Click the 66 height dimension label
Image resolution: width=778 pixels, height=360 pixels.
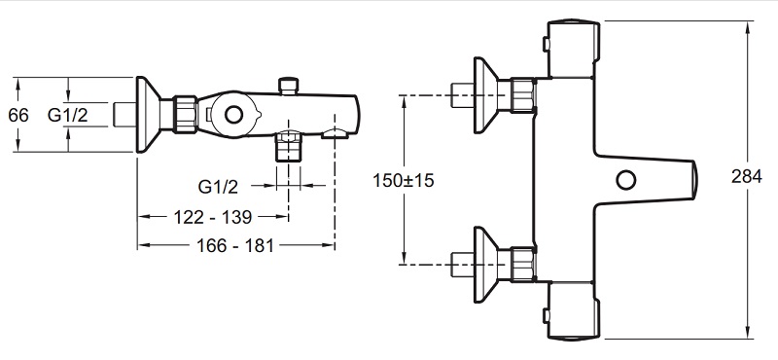pos(18,115)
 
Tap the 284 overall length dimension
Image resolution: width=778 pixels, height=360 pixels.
pos(746,176)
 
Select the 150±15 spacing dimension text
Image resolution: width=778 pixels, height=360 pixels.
pos(404,180)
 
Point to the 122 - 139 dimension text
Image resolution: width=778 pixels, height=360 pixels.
pos(213,217)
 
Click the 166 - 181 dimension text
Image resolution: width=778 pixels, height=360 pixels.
pos(235,245)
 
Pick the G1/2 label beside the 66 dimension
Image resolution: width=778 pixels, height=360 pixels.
pos(67,115)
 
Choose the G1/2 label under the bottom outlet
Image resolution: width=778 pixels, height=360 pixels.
pos(218,187)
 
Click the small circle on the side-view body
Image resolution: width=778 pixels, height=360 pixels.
pos(233,115)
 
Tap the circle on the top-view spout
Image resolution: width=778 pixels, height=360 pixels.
pos(626,179)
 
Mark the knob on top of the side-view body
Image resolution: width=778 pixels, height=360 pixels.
pos(288,86)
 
